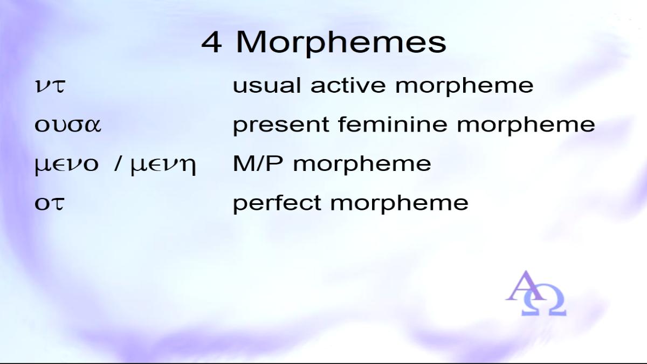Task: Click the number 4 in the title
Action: coord(212,42)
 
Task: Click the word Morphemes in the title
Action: coord(341,43)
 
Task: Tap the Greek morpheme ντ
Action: coord(50,86)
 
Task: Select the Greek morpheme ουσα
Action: coord(68,125)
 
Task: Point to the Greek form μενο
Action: coord(67,164)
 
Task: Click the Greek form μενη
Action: coord(163,164)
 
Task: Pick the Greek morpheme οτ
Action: coord(49,203)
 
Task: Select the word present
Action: coord(281,125)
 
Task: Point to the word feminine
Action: coord(393,124)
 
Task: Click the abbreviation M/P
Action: coord(258,163)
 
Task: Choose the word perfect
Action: coord(277,203)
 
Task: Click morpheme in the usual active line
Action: coord(464,86)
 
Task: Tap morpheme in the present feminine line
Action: coord(526,125)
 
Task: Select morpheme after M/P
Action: coord(362,164)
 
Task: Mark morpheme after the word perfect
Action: coord(399,204)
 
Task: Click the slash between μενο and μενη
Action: coord(117,164)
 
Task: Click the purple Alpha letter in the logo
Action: coord(526,285)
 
